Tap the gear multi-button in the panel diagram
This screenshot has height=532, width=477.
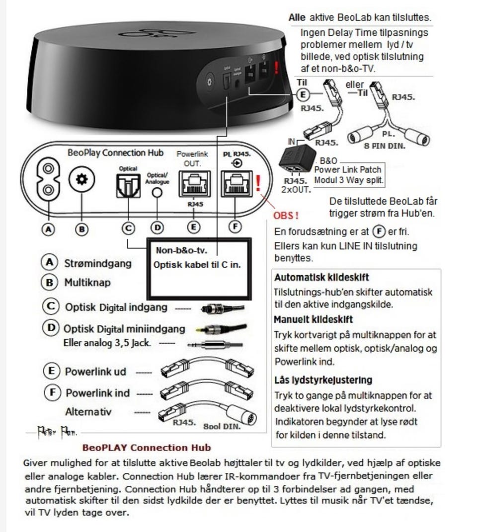(x=81, y=179)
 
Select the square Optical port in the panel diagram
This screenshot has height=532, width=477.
(x=128, y=186)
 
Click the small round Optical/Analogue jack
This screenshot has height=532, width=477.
(x=157, y=192)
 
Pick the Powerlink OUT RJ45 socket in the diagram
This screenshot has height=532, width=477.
(x=195, y=184)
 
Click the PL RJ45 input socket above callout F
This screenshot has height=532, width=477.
(x=237, y=184)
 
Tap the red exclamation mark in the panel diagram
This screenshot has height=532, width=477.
(x=258, y=183)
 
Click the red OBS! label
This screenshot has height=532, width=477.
(x=286, y=216)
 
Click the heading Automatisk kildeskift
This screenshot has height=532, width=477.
(x=321, y=277)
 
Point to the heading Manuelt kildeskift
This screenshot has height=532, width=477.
(x=313, y=319)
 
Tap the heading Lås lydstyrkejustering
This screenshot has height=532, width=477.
(x=323, y=380)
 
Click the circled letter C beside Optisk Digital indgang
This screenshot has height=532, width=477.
(x=51, y=306)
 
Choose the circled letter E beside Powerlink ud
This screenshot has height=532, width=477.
(x=52, y=371)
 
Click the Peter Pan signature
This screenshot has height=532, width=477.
(x=57, y=432)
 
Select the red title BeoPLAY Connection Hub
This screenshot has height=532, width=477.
(x=146, y=448)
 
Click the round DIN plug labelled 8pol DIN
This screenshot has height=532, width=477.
(x=240, y=414)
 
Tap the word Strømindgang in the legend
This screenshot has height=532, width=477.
(x=98, y=263)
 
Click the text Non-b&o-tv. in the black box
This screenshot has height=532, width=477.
(x=181, y=250)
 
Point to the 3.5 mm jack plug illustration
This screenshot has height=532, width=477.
(x=215, y=345)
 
